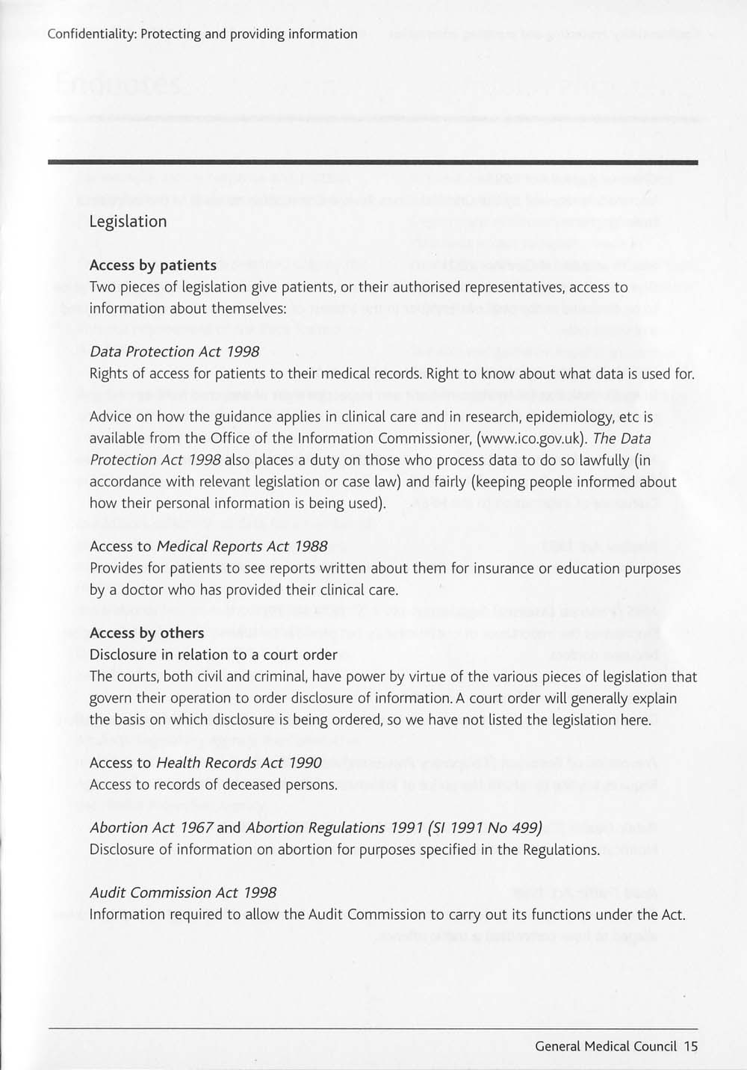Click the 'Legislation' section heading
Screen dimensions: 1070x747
pyautogui.click(x=128, y=221)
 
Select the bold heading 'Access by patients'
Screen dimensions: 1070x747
pyautogui.click(x=152, y=265)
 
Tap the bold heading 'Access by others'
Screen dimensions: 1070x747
pyautogui.click(x=146, y=633)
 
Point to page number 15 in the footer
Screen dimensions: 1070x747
pyautogui.click(x=690, y=1046)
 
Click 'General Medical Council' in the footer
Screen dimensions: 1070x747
pyautogui.click(x=606, y=1046)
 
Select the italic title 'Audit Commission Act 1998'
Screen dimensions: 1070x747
pyautogui.click(x=183, y=893)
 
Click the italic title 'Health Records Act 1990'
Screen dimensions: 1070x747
pyautogui.click(x=238, y=763)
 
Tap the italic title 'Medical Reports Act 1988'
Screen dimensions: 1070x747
pyautogui.click(x=242, y=546)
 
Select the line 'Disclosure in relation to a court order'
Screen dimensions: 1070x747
pyautogui.click(x=213, y=655)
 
